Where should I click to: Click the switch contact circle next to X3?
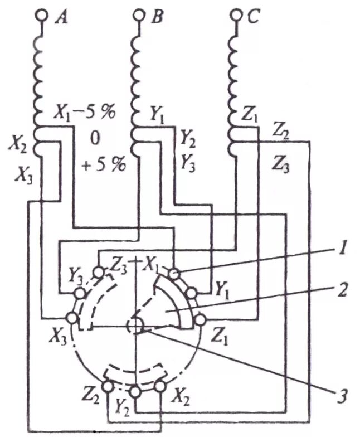tap(72, 318)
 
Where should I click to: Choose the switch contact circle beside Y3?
tap(80, 293)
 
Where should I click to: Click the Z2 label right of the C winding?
tap(283, 132)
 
